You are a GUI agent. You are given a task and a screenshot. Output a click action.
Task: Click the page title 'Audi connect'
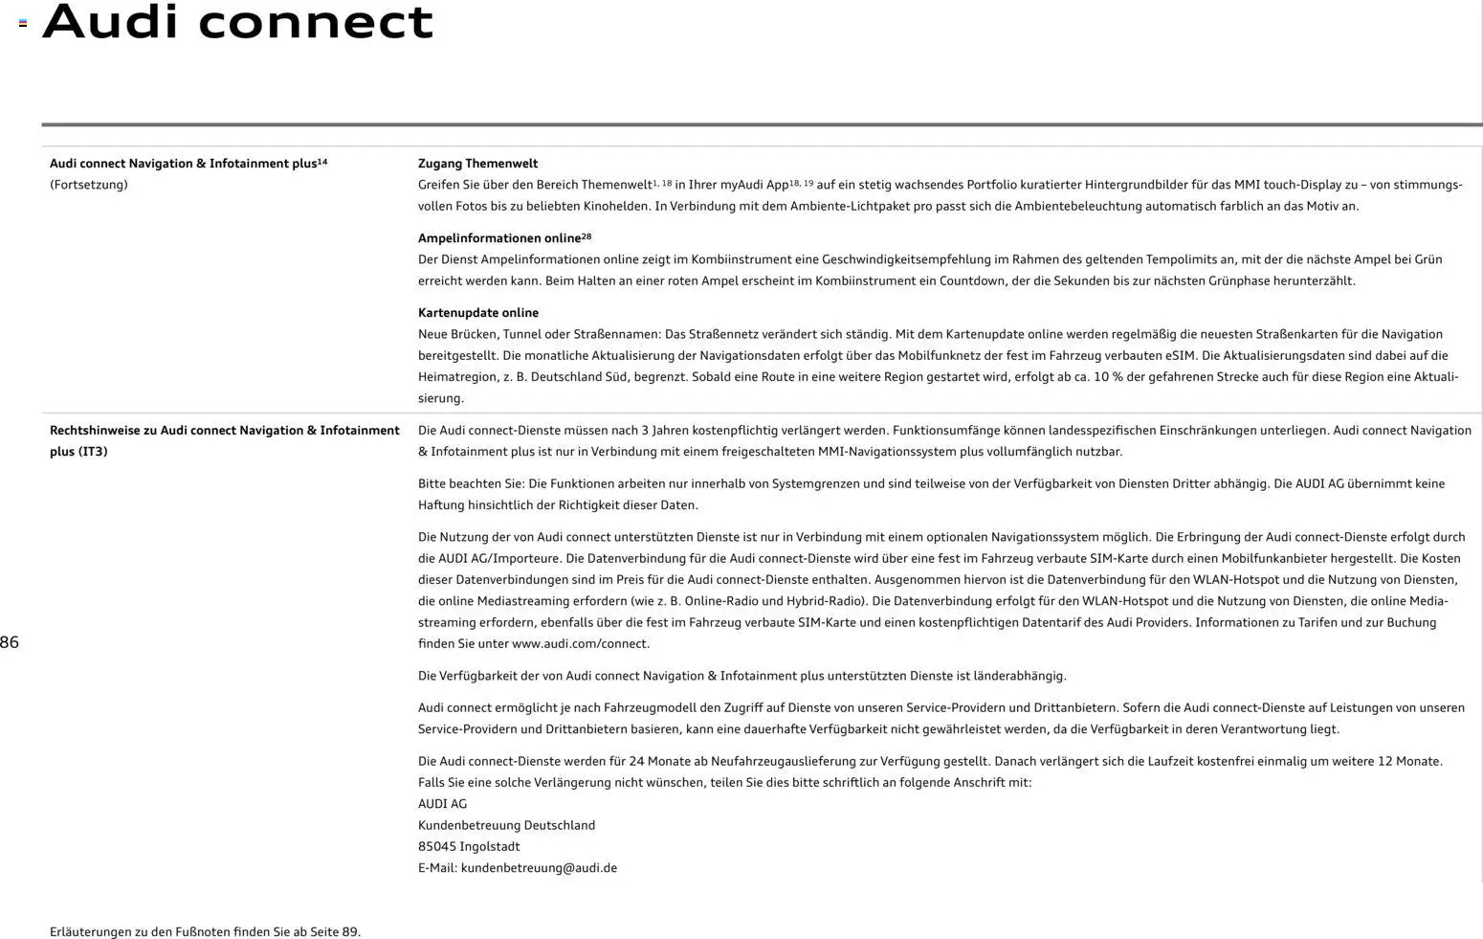tap(237, 22)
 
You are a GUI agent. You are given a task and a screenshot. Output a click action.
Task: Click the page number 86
tap(10, 642)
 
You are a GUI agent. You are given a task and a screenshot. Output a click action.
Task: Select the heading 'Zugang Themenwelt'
tap(477, 164)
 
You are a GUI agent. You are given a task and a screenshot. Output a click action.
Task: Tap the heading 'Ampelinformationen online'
tap(498, 238)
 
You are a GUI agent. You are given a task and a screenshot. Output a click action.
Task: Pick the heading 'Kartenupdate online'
tap(477, 313)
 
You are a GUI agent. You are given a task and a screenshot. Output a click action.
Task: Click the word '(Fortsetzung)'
tap(88, 185)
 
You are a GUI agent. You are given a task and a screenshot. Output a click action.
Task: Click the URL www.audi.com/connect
tap(580, 644)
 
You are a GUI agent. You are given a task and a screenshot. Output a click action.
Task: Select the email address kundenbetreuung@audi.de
tap(539, 868)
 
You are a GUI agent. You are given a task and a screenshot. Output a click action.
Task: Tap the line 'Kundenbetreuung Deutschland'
tap(506, 825)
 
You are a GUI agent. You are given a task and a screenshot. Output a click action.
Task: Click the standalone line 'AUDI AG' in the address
tap(442, 804)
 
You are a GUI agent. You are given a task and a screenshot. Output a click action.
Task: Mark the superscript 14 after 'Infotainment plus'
tap(322, 162)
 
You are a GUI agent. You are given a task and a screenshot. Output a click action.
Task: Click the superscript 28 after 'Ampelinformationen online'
tap(587, 236)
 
